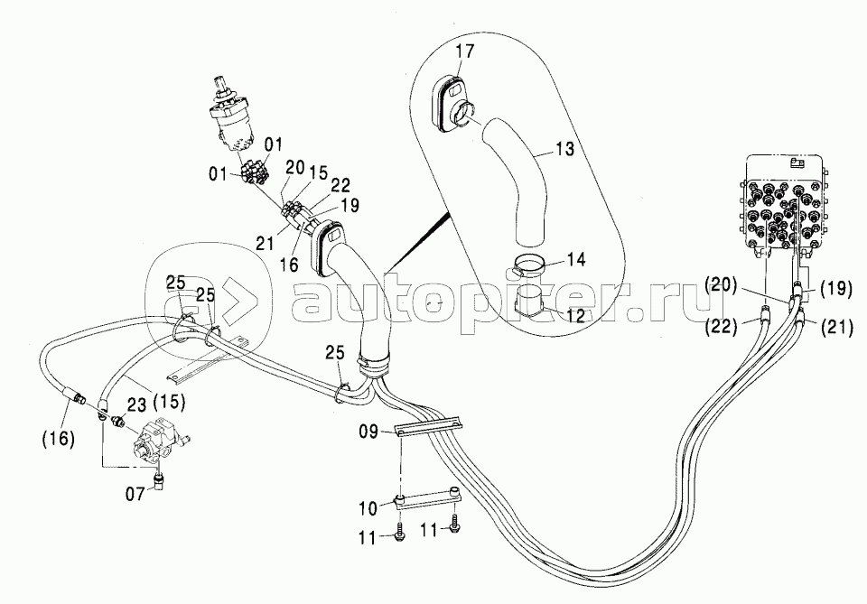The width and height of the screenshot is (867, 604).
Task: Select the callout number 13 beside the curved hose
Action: (x=564, y=149)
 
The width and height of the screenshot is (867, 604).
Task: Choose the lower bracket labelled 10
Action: (x=427, y=497)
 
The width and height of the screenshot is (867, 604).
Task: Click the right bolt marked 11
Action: (x=455, y=523)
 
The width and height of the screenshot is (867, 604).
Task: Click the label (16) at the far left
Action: (x=58, y=439)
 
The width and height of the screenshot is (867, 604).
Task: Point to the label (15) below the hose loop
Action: (x=168, y=401)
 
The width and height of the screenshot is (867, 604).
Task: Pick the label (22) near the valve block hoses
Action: (x=721, y=327)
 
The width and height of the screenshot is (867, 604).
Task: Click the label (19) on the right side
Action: (x=834, y=289)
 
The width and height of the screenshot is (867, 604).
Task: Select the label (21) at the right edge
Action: (x=836, y=328)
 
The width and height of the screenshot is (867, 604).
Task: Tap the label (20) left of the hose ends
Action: (x=721, y=285)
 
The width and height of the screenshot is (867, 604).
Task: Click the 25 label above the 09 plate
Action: (x=334, y=353)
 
